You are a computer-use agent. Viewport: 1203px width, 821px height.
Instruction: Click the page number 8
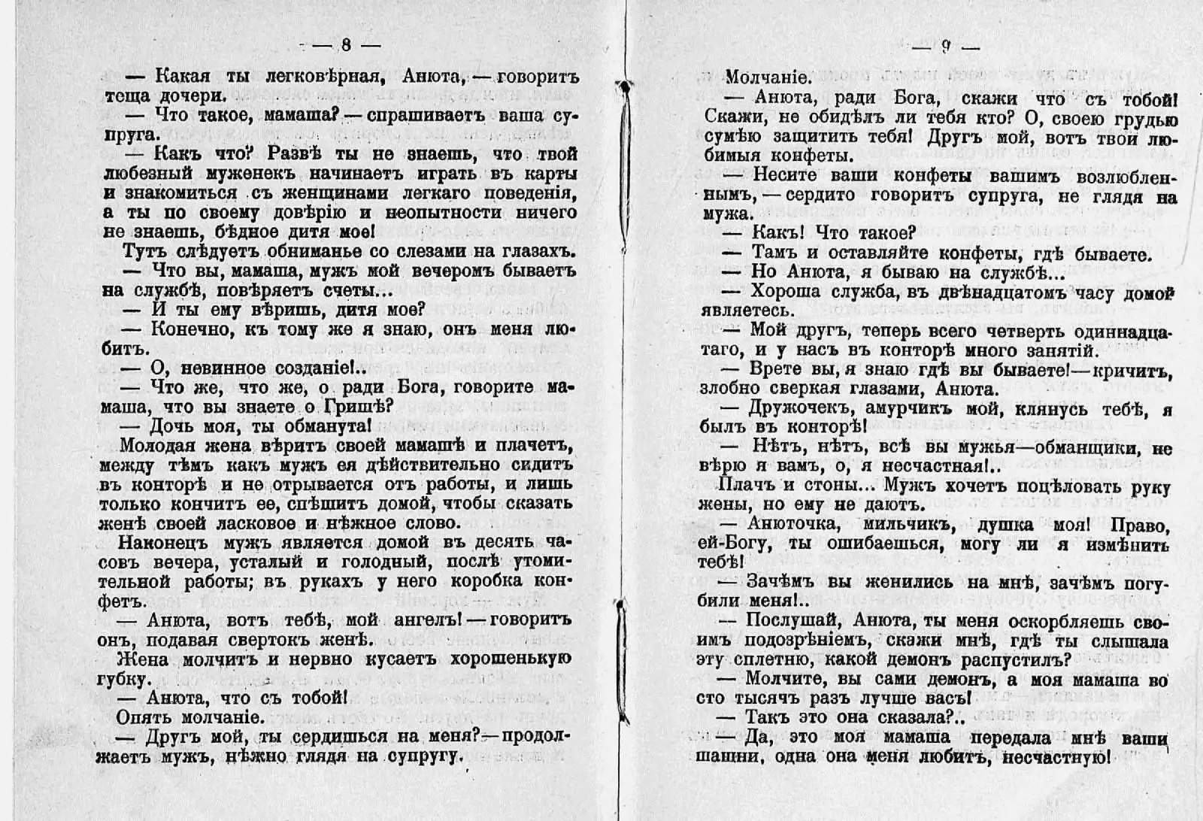pyautogui.click(x=346, y=44)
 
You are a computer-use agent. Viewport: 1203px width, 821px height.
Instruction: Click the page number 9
pyautogui.click(x=946, y=47)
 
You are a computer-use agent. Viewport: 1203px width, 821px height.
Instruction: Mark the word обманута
pyautogui.click(x=328, y=426)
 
